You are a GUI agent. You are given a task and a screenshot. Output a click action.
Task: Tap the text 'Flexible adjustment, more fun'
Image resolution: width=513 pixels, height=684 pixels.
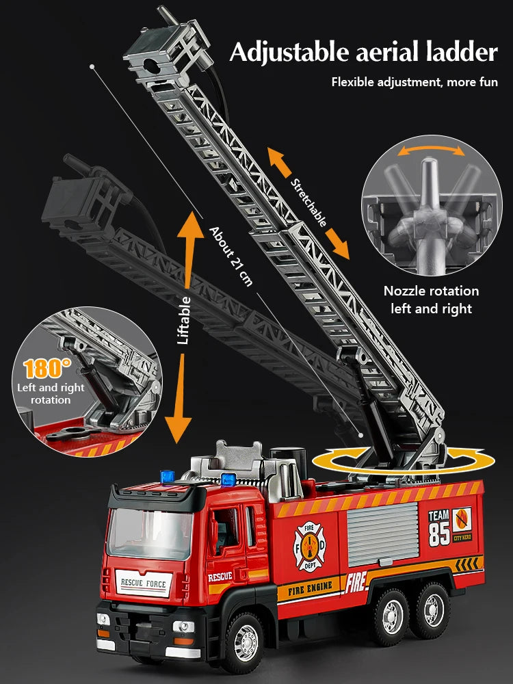tap(415, 82)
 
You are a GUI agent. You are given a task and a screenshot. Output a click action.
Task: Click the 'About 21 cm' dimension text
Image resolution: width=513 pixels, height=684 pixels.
tap(231, 256)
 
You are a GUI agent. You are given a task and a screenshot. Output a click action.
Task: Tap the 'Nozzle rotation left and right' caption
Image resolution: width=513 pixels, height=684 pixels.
tap(431, 300)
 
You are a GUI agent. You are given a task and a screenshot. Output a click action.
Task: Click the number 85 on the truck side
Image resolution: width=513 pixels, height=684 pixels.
tap(439, 534)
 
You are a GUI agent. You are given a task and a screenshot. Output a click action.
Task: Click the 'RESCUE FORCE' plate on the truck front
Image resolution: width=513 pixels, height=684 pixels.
tap(143, 583)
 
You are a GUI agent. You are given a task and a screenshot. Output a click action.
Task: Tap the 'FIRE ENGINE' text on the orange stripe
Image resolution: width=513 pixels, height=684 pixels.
tap(310, 587)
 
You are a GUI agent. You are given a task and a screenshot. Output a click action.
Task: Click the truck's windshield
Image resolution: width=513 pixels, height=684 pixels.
tap(150, 531)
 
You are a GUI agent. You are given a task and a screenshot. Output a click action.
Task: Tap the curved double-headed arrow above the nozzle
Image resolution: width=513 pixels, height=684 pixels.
tap(428, 148)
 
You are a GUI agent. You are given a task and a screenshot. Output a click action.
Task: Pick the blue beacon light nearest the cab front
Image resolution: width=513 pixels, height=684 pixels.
tap(166, 475)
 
